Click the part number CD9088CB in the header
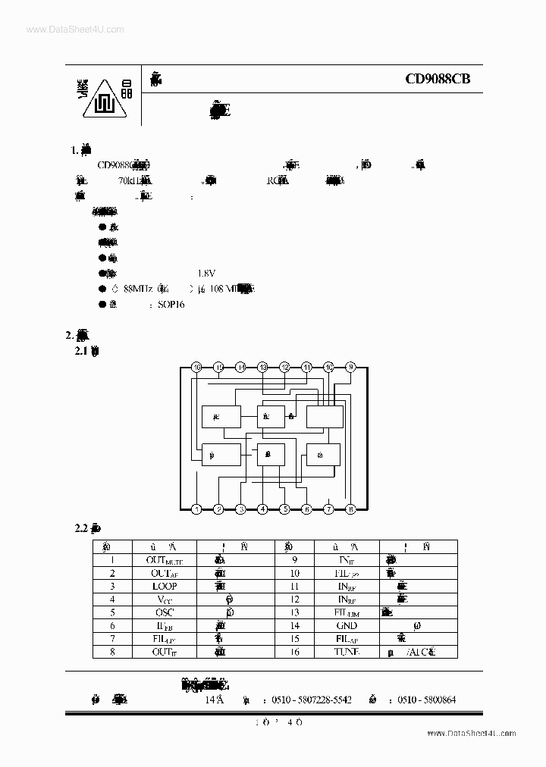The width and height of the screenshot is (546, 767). click(438, 78)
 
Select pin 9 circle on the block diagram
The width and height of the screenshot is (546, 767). click(350, 367)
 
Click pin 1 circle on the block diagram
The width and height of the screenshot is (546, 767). click(196, 509)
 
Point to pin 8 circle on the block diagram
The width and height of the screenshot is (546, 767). click(350, 509)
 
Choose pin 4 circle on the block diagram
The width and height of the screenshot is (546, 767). click(262, 509)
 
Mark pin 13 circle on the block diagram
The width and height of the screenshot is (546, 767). click(262, 367)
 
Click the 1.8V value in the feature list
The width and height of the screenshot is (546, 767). click(206, 273)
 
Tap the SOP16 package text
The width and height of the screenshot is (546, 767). click(171, 304)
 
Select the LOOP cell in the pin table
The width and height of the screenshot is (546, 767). click(164, 586)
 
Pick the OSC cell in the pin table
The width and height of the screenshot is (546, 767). click(164, 612)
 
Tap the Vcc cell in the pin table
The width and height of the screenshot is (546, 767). click(164, 600)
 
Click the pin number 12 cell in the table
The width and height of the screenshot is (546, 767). click(294, 600)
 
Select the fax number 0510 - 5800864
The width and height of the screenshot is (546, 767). click(426, 701)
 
